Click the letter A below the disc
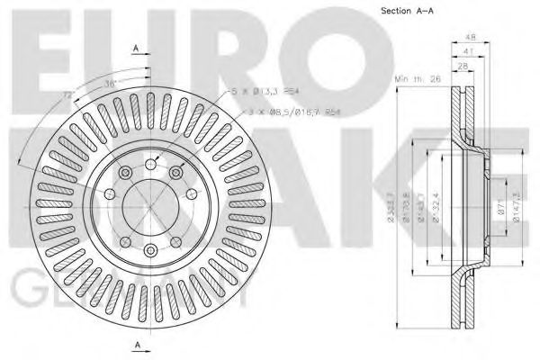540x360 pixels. click(x=135, y=346)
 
